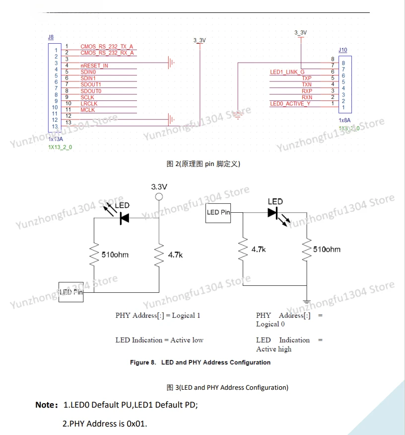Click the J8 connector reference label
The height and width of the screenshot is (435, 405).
pyautogui.click(x=51, y=37)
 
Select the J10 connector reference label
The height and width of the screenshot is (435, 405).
pyautogui.click(x=342, y=50)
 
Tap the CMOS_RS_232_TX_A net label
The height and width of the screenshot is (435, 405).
pyautogui.click(x=107, y=47)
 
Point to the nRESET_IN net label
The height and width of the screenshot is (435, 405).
pyautogui.click(x=94, y=66)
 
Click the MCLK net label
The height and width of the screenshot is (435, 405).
pyautogui.click(x=88, y=110)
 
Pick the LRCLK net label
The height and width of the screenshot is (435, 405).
pyautogui.click(x=89, y=103)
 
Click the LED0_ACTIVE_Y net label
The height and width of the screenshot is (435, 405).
pyautogui.click(x=290, y=103)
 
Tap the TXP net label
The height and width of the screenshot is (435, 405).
pyautogui.click(x=307, y=79)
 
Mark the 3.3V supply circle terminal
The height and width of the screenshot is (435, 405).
pyautogui.click(x=159, y=197)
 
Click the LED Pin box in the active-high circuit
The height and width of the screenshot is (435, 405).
pyautogui.click(x=218, y=213)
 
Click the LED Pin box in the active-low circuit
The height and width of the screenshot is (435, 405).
pyautogui.click(x=70, y=292)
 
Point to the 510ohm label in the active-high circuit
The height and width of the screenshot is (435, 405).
pyautogui.click(x=327, y=249)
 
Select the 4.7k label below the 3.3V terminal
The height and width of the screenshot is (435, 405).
pyautogui.click(x=176, y=255)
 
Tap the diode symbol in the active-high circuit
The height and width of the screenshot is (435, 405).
pyautogui.click(x=272, y=213)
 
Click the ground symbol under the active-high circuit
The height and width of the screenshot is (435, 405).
pyautogui.click(x=307, y=301)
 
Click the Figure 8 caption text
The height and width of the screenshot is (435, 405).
pyautogui.click(x=200, y=362)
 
